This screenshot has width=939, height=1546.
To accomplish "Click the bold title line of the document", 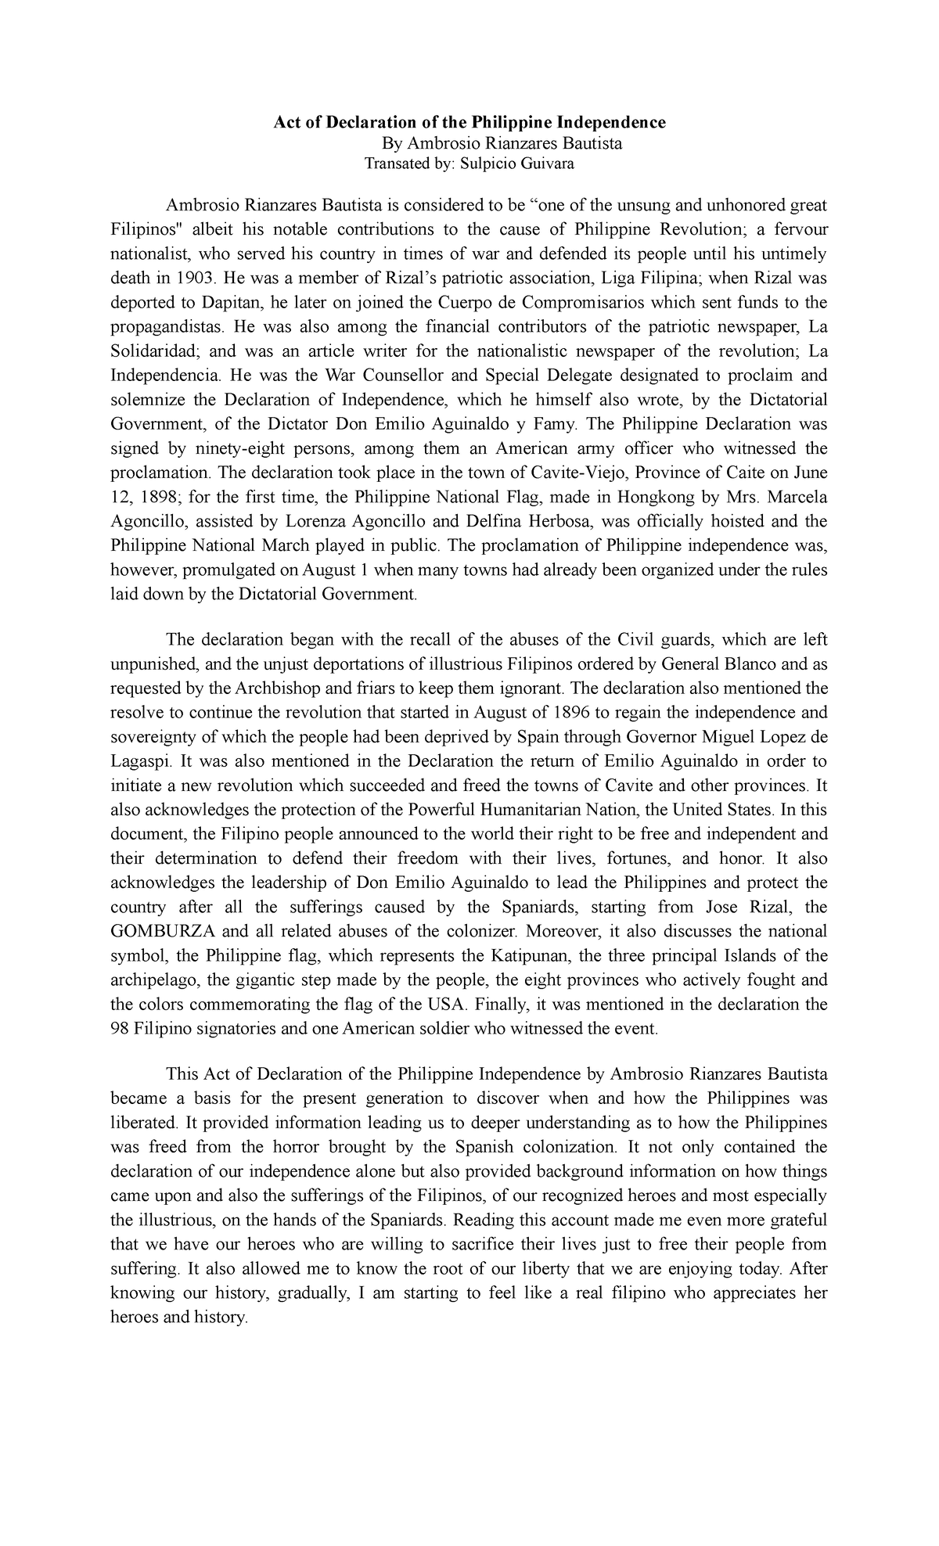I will (x=469, y=122).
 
